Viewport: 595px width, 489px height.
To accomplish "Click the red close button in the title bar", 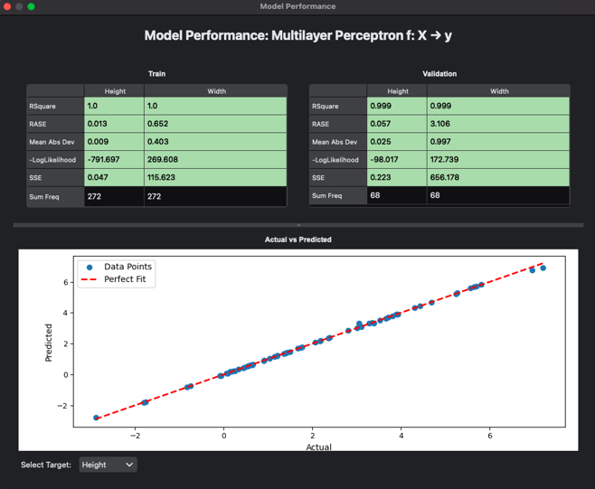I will (x=7, y=6).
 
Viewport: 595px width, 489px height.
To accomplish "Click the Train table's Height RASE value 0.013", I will (x=97, y=124).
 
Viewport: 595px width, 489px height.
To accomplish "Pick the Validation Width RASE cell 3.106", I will (x=443, y=124).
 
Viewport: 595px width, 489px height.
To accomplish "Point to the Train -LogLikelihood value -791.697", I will (x=103, y=160).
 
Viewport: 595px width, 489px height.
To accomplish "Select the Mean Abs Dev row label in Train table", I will (x=54, y=142).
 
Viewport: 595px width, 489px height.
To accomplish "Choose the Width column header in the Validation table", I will (x=499, y=91).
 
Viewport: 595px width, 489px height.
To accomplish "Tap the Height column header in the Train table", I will (x=115, y=91).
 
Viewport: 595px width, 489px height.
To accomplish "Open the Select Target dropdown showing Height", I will (x=107, y=465).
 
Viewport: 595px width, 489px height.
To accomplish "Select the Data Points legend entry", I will (x=127, y=267).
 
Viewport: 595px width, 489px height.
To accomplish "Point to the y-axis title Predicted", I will (x=50, y=343).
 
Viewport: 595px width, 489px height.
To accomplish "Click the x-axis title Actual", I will (x=318, y=447).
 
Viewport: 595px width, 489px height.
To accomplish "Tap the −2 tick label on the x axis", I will (x=135, y=435).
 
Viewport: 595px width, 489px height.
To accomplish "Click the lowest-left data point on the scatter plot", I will (x=97, y=418).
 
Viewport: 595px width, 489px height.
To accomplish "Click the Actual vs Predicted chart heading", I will (x=297, y=240).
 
